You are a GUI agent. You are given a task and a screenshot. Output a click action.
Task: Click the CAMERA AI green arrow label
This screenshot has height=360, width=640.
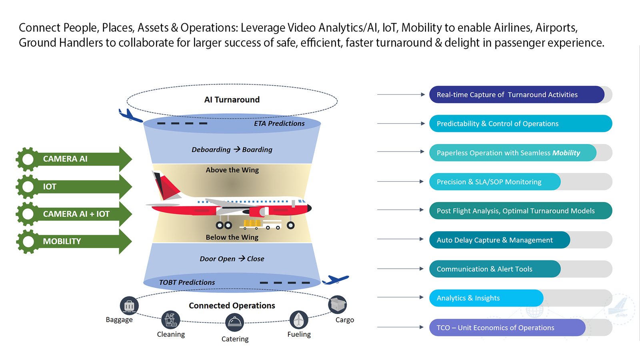65,159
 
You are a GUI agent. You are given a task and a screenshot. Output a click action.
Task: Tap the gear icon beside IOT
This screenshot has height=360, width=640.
28,186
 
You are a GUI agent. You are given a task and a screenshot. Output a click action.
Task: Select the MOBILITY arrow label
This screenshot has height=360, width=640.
62,241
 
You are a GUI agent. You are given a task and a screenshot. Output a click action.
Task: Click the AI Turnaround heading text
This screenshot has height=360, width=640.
232,100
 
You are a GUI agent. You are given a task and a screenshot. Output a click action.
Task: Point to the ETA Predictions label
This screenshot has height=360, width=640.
279,124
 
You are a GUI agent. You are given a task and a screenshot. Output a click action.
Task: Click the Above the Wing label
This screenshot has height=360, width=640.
232,170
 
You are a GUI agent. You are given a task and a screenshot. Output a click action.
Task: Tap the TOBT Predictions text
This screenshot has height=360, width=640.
187,282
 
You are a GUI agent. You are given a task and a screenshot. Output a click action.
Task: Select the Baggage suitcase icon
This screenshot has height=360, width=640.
129,306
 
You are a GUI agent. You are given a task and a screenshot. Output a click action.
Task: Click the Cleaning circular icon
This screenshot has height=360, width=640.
170,320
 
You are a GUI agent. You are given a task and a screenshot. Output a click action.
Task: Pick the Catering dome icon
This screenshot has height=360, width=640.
234,322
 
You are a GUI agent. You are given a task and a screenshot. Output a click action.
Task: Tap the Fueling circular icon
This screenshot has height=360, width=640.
298,320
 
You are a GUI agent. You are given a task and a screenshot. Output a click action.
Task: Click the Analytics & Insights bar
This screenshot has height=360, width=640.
486,298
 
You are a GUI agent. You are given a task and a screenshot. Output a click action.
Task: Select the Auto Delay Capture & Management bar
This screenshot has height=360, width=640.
499,240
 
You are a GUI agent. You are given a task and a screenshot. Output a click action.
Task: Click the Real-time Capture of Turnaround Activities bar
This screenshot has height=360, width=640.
516,95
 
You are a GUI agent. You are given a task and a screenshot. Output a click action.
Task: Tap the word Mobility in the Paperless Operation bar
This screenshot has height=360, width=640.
566,153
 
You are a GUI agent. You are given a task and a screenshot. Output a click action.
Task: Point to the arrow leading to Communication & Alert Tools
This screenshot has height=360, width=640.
400,269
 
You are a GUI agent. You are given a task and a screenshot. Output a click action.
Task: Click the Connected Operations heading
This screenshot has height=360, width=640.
232,306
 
